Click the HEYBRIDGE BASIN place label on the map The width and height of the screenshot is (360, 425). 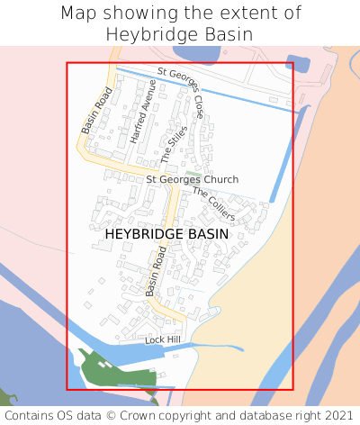pos(166,234)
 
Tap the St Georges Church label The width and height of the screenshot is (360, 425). pos(193,180)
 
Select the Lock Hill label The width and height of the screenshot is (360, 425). pos(163,339)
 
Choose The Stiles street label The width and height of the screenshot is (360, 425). pos(174,145)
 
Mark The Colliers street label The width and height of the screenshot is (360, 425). pos(214,204)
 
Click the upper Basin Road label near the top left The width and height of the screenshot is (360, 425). pos(96,111)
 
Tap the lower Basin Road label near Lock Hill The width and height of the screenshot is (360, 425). pos(157,272)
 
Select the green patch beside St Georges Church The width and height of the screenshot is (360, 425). pos(193,171)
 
